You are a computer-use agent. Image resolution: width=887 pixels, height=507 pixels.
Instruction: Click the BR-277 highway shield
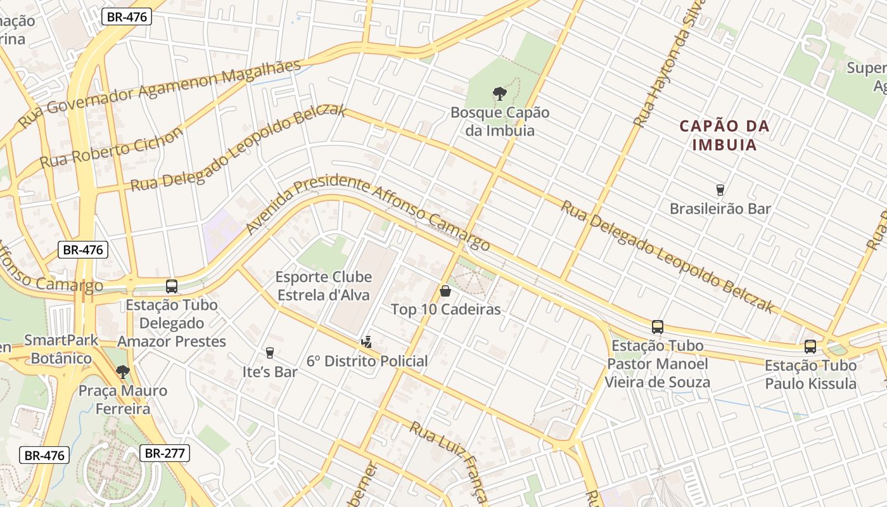pyautogui.click(x=164, y=453)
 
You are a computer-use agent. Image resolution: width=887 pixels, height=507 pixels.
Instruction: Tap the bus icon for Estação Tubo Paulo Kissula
pyautogui.click(x=810, y=347)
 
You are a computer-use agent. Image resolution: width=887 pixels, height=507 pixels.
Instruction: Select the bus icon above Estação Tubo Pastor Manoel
pyautogui.click(x=658, y=327)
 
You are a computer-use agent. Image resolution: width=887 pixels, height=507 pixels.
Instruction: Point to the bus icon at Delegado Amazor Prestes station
pyautogui.click(x=172, y=286)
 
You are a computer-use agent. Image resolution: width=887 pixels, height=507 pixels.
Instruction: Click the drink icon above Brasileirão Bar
pyautogui.click(x=720, y=189)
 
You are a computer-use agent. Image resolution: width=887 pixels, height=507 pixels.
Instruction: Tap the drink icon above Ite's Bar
pyautogui.click(x=270, y=353)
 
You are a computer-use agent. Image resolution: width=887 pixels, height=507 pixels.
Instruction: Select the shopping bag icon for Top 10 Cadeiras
pyautogui.click(x=445, y=291)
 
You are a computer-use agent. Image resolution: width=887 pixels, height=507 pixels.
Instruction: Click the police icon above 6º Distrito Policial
pyautogui.click(x=366, y=342)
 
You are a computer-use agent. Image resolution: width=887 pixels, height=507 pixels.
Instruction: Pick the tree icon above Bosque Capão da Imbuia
pyautogui.click(x=500, y=94)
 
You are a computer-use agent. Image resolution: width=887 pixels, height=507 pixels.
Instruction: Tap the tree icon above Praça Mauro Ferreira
pyautogui.click(x=122, y=371)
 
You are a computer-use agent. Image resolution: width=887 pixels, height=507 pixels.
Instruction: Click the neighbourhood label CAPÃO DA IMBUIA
pyautogui.click(x=725, y=135)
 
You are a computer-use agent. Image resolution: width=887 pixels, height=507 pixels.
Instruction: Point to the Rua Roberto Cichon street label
pyautogui.click(x=112, y=148)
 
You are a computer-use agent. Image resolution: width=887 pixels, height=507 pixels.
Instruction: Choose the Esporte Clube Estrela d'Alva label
pyautogui.click(x=322, y=286)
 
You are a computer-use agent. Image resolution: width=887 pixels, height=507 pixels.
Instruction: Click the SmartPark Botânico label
pyautogui.click(x=61, y=349)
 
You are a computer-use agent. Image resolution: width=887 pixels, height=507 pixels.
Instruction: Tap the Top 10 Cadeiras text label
pyautogui.click(x=445, y=310)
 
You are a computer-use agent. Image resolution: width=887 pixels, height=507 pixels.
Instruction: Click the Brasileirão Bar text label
pyautogui.click(x=720, y=209)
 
